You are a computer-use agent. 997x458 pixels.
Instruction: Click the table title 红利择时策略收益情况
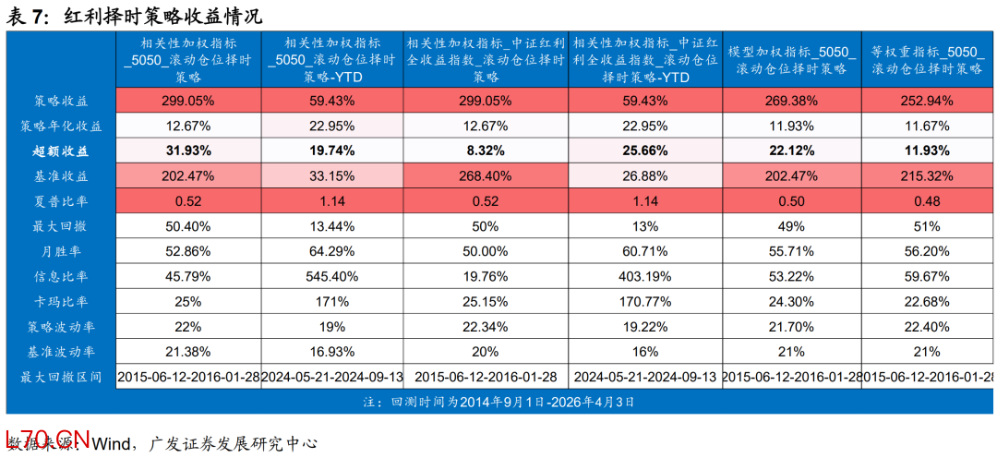click(162, 16)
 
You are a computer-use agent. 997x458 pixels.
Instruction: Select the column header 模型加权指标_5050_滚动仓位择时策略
click(791, 59)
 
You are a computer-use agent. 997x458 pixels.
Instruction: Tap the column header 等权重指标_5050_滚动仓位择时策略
click(927, 59)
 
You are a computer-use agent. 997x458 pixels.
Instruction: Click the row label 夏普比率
click(61, 200)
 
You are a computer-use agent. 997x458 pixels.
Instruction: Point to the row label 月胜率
click(61, 250)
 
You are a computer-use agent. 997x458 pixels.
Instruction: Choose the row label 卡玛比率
click(61, 301)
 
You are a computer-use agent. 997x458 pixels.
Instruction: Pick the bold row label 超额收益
click(61, 151)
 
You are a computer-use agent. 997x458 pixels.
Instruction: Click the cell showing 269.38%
click(791, 101)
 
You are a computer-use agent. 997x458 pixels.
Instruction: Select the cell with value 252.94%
click(927, 101)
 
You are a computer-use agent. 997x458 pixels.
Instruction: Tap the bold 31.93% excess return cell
click(188, 151)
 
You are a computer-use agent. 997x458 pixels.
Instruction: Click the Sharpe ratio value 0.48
click(927, 200)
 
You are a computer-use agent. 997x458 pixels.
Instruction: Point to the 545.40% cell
click(331, 276)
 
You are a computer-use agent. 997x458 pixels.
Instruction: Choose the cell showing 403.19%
click(644, 276)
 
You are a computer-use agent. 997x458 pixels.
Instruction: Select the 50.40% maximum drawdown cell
click(188, 225)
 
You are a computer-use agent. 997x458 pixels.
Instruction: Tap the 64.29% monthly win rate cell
click(331, 251)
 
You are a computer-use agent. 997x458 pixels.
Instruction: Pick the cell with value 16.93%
click(331, 352)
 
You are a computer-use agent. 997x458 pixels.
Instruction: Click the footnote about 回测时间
click(498, 402)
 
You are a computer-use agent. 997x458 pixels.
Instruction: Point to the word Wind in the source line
click(109, 443)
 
